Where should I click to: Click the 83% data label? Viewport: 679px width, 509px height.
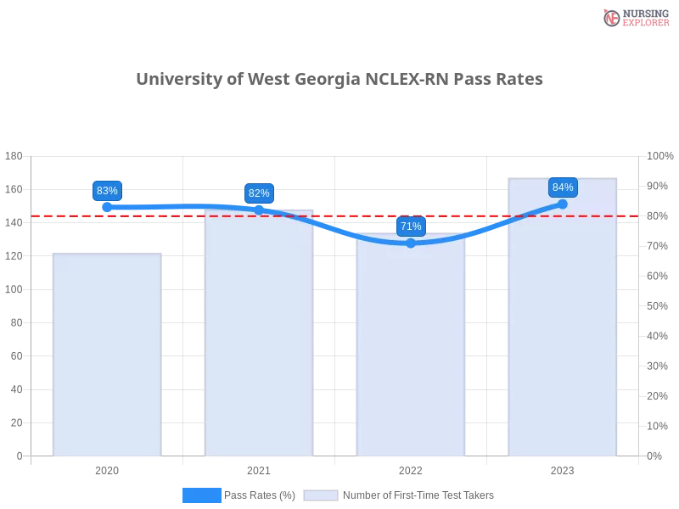tap(107, 191)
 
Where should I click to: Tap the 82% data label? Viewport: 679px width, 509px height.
tap(259, 193)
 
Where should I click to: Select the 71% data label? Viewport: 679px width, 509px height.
tap(411, 227)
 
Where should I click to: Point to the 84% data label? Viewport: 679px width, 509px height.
tap(563, 187)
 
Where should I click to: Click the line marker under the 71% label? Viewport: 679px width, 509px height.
tap(411, 243)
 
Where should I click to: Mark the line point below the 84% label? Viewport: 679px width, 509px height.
tap(563, 204)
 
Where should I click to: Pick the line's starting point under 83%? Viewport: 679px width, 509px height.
tap(107, 207)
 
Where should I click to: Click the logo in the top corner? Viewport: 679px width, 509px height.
tap(634, 17)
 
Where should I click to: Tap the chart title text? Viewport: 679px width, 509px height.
tap(339, 79)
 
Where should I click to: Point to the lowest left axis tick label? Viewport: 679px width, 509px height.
tap(19, 456)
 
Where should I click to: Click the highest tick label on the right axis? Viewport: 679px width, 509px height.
tap(660, 155)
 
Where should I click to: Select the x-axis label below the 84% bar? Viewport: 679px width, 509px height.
tap(563, 469)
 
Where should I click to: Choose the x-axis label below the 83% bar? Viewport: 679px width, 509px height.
tap(107, 469)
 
